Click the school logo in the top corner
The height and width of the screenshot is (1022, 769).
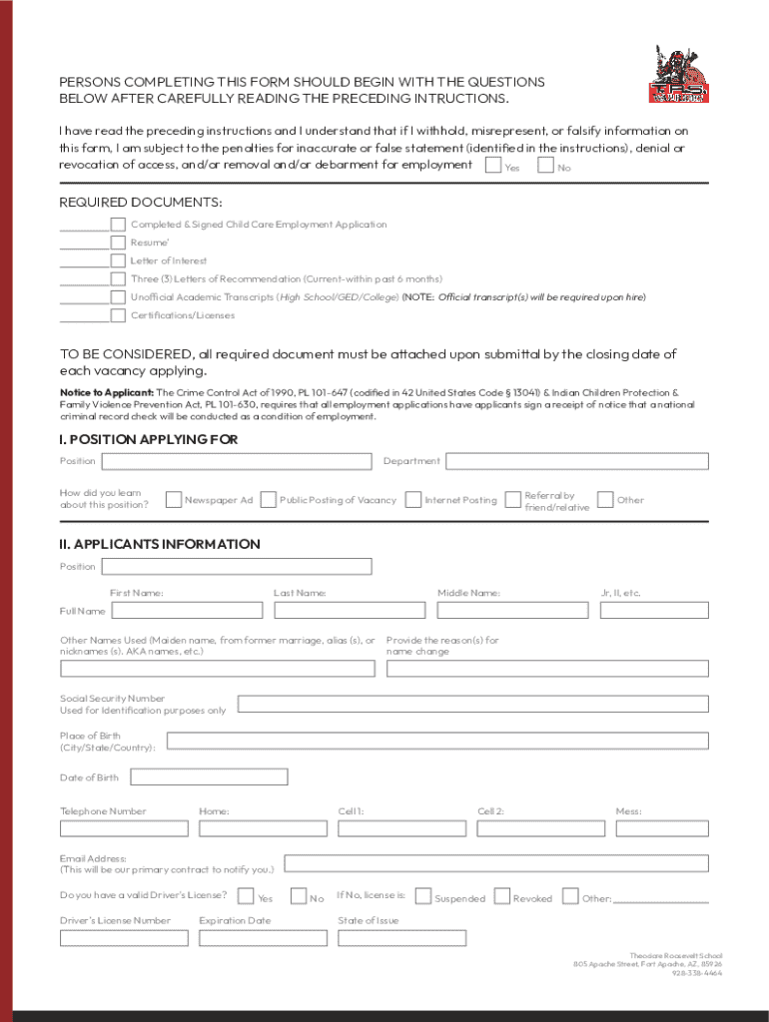tap(678, 74)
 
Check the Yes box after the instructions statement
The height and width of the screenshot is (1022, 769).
tap(492, 165)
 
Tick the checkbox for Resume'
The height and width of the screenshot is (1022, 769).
tap(119, 243)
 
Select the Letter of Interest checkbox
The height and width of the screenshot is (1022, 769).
tap(119, 260)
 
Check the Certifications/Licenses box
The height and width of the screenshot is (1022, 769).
tap(119, 315)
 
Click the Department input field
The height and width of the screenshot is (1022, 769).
tap(576, 461)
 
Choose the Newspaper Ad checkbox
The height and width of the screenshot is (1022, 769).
tap(174, 499)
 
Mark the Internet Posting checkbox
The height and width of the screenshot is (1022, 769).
tap(412, 499)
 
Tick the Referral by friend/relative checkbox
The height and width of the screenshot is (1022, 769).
tap(512, 499)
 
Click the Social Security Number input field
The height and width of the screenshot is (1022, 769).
tap(472, 704)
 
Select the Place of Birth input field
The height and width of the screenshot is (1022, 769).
tap(437, 741)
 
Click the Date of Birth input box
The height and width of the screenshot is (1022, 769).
tap(209, 776)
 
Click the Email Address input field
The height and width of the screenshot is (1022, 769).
tap(496, 863)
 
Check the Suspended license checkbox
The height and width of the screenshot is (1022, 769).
tap(423, 896)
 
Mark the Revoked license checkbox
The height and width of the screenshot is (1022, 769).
tap(502, 896)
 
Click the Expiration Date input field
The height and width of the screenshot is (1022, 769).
tap(263, 938)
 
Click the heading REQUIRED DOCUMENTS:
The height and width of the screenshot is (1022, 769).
tap(141, 203)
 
